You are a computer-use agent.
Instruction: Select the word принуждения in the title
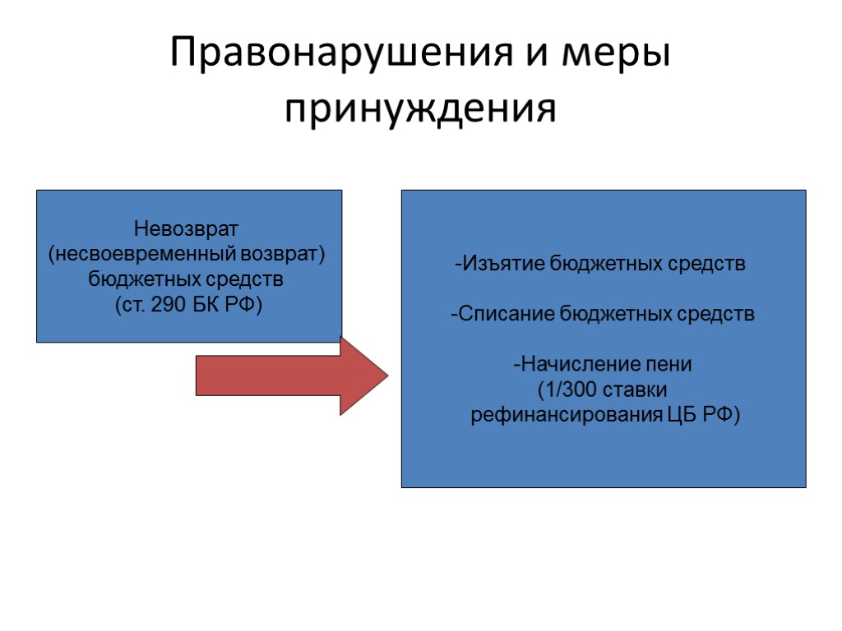point(420,109)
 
